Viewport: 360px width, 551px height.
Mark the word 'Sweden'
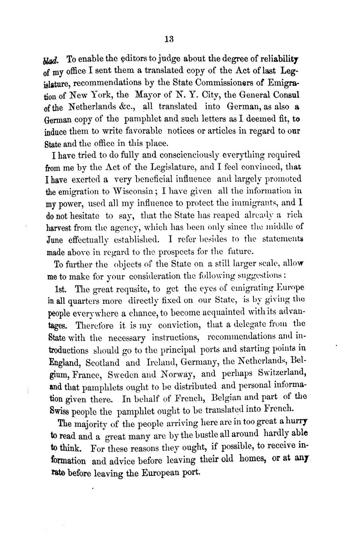[124, 375]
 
